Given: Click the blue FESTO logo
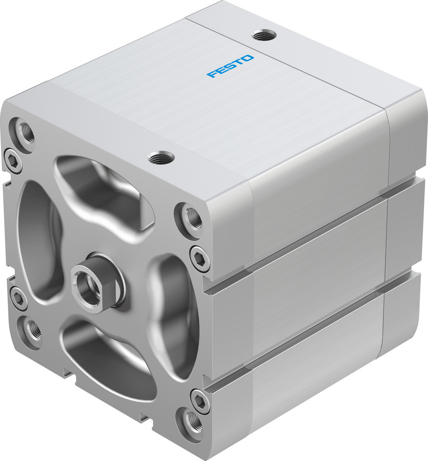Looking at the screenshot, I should pyautogui.click(x=230, y=66).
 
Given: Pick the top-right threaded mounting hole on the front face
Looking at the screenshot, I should pyautogui.click(x=191, y=217).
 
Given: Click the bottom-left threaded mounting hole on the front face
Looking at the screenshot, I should pyautogui.click(x=32, y=330).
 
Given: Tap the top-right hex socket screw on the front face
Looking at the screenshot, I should pyautogui.click(x=200, y=259).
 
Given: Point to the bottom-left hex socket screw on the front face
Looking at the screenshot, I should pyautogui.click(x=17, y=298).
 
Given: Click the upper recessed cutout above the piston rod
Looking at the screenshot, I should pyautogui.click(x=101, y=194).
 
